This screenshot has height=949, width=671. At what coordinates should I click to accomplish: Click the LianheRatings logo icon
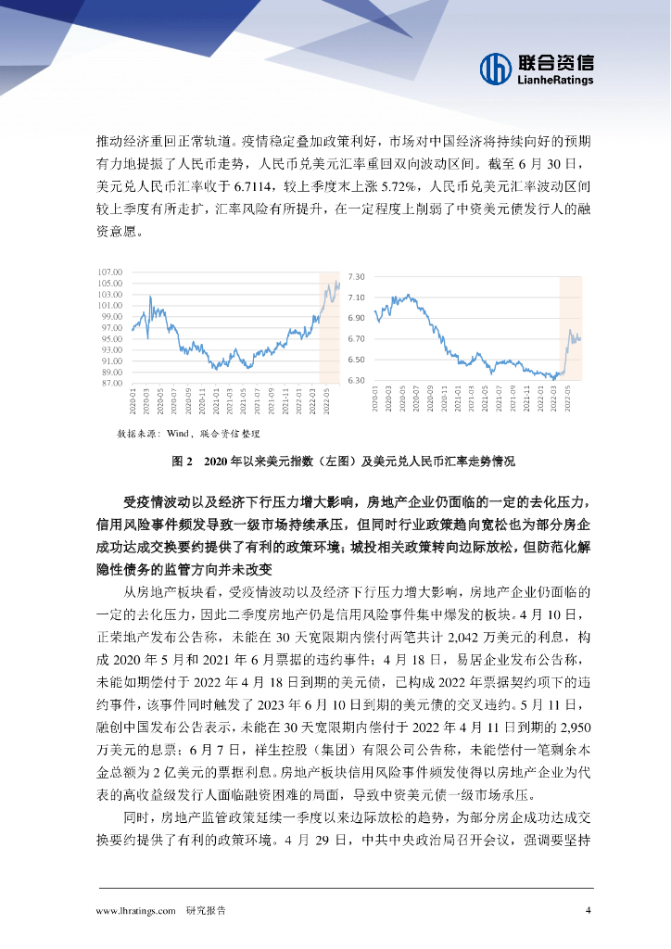point(496,68)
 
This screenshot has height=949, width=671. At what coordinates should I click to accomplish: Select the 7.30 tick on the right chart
point(357,277)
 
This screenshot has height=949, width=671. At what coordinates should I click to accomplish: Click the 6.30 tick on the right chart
point(357,381)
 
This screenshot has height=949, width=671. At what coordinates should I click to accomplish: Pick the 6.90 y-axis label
point(357,318)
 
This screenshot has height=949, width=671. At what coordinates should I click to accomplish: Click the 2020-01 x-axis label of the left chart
point(133,400)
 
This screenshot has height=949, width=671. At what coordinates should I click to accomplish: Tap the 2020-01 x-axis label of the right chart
point(374,399)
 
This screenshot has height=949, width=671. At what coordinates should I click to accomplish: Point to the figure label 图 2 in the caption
point(182,461)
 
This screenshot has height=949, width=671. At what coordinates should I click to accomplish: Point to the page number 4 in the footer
point(589,910)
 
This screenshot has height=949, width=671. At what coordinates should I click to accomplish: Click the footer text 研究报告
point(206,910)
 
